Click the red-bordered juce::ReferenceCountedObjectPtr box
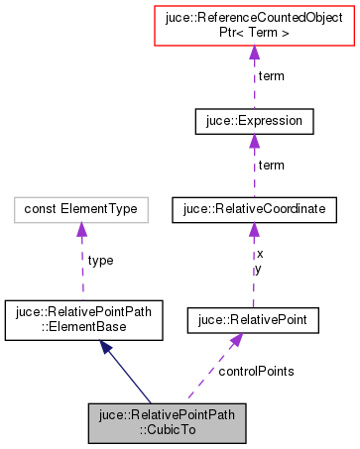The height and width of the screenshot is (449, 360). coord(255,30)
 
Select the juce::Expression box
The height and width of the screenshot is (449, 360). coord(255,122)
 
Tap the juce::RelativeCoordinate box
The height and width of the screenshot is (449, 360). coord(254,209)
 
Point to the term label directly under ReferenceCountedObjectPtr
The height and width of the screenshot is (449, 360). coord(272,76)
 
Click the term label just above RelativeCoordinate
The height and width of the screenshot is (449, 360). coord(272,165)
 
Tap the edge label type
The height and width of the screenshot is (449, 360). coord(101,260)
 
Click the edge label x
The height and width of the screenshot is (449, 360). coord(260,254)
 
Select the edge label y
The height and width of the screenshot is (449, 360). coord(260,268)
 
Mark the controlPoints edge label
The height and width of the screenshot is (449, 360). coord(256,370)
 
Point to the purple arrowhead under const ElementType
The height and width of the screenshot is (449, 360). coord(80,230)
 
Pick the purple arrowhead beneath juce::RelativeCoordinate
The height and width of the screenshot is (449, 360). coord(254,230)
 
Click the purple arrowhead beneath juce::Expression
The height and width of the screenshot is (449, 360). coord(255,143)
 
